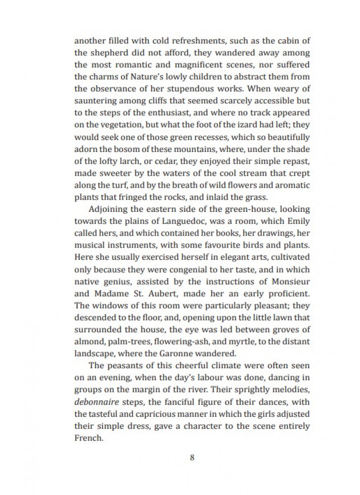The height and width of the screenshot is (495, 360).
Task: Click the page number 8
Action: (x=192, y=457)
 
